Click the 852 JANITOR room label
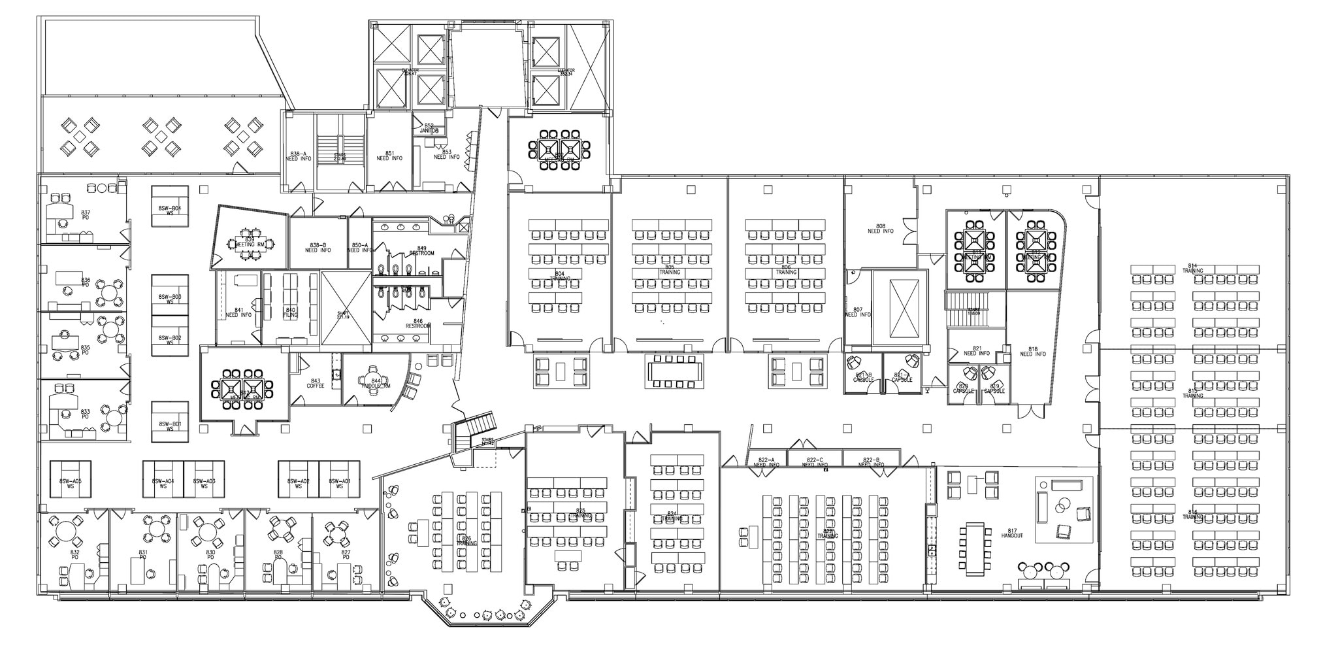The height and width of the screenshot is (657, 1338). coord(429,128)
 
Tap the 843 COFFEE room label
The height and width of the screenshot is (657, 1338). coord(316,384)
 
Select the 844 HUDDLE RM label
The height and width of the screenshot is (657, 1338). coord(376,384)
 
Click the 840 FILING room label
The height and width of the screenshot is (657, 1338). coord(290,312)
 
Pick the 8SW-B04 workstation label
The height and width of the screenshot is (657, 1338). coord(170,211)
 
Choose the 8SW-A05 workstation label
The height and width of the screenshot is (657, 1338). coord(71,484)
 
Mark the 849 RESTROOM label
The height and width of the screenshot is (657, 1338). coord(421,250)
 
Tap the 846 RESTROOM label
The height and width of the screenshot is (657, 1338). coord(418,324)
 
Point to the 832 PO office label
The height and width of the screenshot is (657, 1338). coord(74,554)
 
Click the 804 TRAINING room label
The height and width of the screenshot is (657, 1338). coord(559,276)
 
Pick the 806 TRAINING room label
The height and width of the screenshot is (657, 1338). coord(786,270)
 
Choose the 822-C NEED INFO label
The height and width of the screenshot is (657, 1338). coord(815,462)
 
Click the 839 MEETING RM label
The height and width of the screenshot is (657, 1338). coord(250,242)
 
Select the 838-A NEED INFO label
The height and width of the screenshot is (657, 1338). coord(298,156)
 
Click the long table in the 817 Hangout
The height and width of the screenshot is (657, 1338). coord(973,549)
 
